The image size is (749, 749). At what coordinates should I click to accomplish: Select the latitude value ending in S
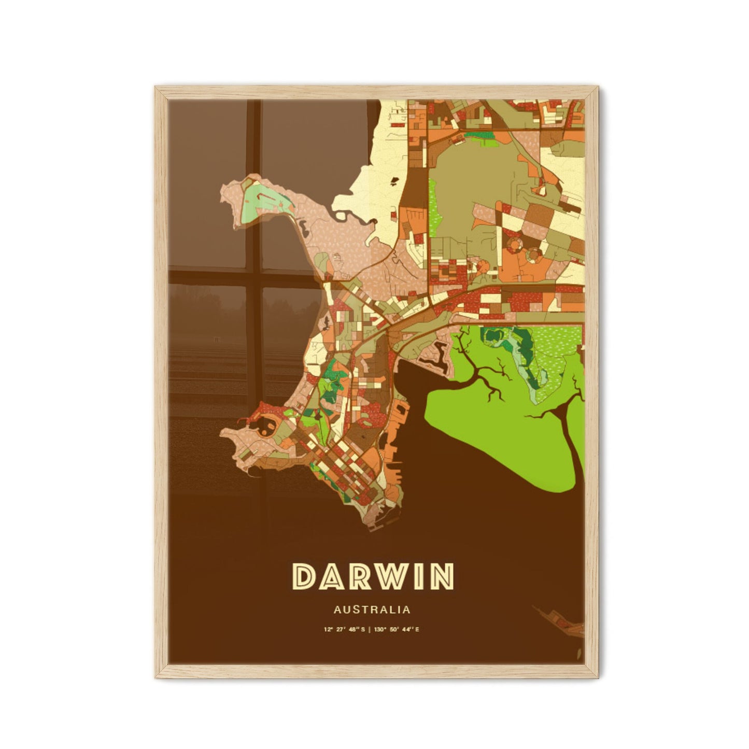click(x=344, y=630)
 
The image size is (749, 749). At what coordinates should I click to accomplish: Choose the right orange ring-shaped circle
click(x=532, y=254)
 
